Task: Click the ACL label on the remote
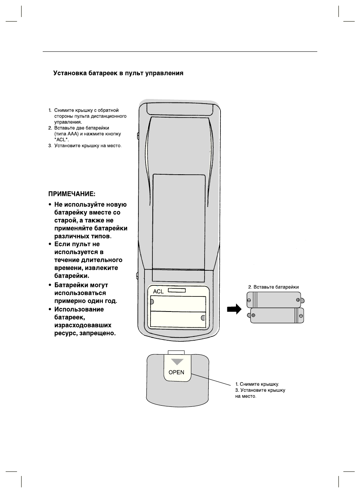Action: pos(158,291)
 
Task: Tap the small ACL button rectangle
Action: pos(177,290)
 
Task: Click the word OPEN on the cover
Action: pos(176,372)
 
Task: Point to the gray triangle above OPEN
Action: pos(177,362)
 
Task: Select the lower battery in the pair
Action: pos(277,315)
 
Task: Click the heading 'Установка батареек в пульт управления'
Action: pos(118,73)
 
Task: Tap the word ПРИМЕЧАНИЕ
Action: pos(71,194)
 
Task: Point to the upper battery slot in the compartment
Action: pos(178,303)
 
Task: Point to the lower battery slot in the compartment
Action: pos(178,319)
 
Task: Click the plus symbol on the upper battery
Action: pos(298,300)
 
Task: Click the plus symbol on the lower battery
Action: pos(253,315)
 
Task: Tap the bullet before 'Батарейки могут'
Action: pos(50,285)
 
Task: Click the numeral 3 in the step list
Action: pos(50,146)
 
